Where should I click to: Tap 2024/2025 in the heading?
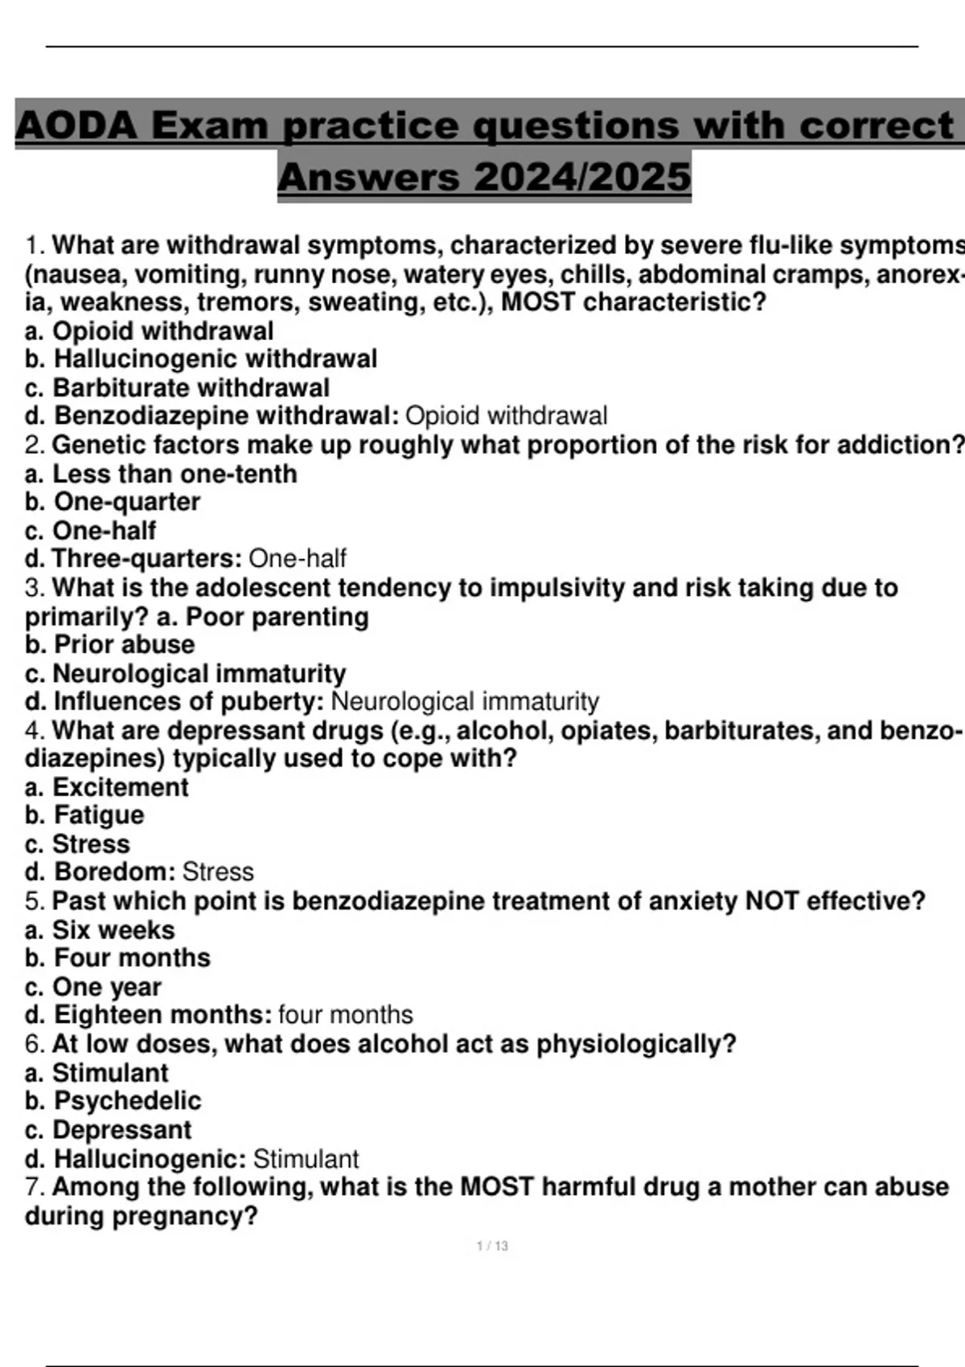tap(582, 177)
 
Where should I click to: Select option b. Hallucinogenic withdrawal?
tap(201, 359)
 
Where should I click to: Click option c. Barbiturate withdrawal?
tap(177, 388)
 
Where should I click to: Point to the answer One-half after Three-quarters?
tap(298, 558)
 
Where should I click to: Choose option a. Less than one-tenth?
tap(161, 474)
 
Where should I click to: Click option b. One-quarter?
tap(113, 502)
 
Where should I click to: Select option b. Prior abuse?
tap(110, 644)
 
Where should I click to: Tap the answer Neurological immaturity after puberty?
tap(465, 701)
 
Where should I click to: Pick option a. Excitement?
tap(107, 786)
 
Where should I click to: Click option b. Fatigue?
tap(84, 815)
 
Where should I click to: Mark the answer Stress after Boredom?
tap(218, 872)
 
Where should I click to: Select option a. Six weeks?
tap(100, 930)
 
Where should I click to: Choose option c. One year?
tap(93, 987)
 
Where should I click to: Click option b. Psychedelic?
tap(113, 1101)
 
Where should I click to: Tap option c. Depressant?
tap(109, 1130)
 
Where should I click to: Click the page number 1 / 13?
tap(492, 1246)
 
